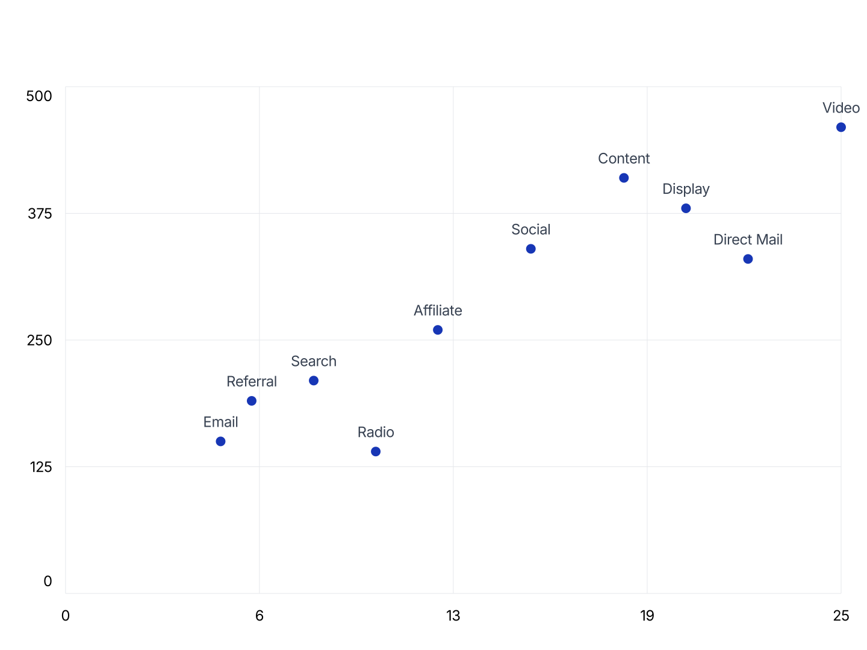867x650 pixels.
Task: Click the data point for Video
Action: click(841, 127)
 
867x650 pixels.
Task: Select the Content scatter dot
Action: click(624, 178)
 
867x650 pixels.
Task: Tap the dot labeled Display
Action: click(686, 208)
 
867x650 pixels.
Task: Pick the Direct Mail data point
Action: click(748, 259)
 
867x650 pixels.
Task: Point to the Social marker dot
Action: click(530, 249)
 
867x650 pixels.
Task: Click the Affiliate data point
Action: click(438, 330)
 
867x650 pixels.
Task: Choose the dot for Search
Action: click(314, 380)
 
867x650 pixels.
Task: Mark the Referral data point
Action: click(252, 401)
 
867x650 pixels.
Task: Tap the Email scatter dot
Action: click(220, 441)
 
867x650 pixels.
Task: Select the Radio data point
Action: click(376, 451)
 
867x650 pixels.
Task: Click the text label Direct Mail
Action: click(748, 240)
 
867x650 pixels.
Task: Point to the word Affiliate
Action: click(438, 311)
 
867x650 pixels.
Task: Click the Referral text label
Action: click(252, 382)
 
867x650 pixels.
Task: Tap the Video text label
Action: click(841, 108)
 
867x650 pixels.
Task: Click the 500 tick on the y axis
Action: click(39, 96)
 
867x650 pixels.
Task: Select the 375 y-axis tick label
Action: click(40, 214)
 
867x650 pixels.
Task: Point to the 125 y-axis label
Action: click(41, 467)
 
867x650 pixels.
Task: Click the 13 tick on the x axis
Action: click(453, 616)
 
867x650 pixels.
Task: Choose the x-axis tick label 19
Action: click(647, 616)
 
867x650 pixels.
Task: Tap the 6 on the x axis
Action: click(259, 616)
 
